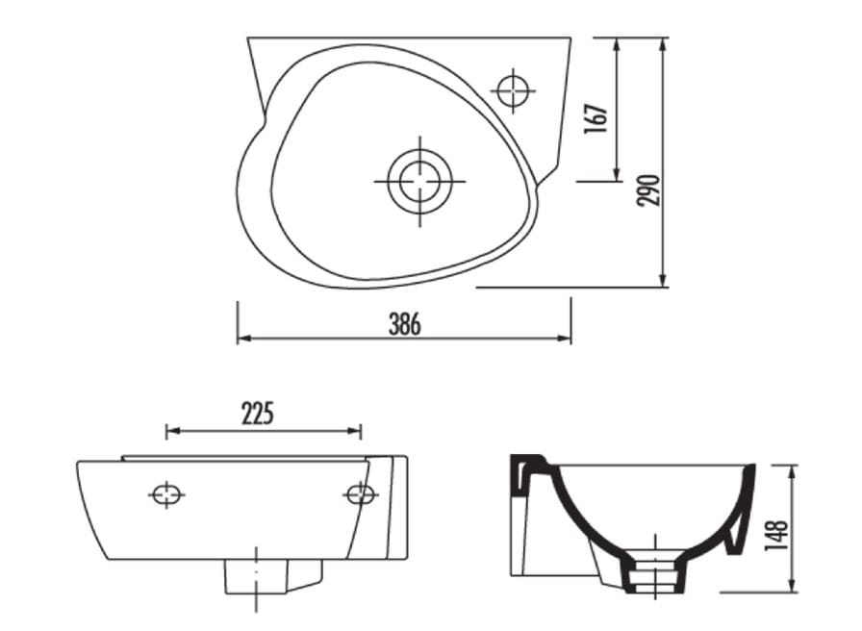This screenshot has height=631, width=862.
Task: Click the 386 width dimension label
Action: coord(405,324)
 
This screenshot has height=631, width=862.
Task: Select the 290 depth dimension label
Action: coord(648,190)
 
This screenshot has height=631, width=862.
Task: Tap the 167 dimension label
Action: coord(596,118)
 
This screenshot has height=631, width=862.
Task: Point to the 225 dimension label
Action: coord(257,414)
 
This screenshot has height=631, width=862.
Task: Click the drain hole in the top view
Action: coord(420,182)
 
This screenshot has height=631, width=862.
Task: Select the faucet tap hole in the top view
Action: coord(513,90)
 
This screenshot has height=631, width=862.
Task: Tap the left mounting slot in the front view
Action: coord(166,495)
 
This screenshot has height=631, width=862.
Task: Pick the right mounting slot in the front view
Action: coord(361,494)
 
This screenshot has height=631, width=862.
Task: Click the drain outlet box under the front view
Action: coord(257,576)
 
